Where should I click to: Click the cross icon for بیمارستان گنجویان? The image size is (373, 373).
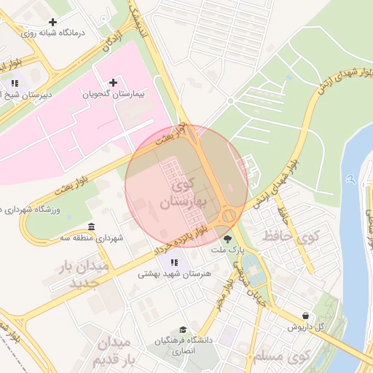pos(112,82)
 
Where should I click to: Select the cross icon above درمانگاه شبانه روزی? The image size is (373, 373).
pos(53,22)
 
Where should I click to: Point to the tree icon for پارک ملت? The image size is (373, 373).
pos(227,237)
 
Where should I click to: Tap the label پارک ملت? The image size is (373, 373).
pos(225,250)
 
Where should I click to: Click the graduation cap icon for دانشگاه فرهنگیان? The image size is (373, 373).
pos(182,330)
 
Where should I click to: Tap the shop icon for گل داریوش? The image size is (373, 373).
pos(305,315)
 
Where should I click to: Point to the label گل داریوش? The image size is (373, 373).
pos(305,327)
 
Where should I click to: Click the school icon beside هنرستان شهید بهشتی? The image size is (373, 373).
pos(173,262)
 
